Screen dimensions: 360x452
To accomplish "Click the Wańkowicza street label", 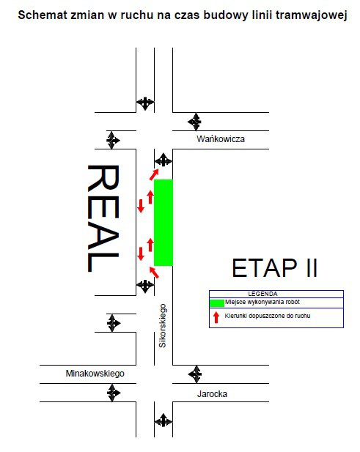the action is [x=221, y=139].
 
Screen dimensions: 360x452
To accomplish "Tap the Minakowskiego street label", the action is [x=95, y=374].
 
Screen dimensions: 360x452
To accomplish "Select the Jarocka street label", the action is [x=212, y=394].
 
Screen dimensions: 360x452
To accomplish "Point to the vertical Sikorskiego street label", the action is [x=163, y=326].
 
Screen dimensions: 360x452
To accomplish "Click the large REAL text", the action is [x=103, y=218].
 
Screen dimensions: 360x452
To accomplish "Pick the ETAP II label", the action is [x=275, y=268].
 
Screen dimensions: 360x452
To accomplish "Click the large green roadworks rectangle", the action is [x=164, y=223].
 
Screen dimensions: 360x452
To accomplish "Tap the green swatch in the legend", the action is [x=217, y=303].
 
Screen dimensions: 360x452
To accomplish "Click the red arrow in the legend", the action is [x=216, y=317].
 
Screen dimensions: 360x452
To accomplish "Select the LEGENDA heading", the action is [x=262, y=294].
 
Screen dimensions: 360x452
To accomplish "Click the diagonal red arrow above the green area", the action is [x=154, y=174].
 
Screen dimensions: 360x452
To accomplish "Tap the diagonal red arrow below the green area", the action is [x=154, y=273].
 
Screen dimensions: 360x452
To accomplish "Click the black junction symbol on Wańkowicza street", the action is [x=195, y=122].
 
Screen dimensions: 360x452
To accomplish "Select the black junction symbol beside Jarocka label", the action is [x=195, y=374].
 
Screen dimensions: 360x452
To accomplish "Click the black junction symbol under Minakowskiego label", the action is [x=113, y=393].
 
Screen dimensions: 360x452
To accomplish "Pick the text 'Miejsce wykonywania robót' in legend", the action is [x=262, y=302].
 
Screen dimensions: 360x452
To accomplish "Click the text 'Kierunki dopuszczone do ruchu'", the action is [x=268, y=316].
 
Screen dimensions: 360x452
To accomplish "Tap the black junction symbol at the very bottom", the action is [x=164, y=420].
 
